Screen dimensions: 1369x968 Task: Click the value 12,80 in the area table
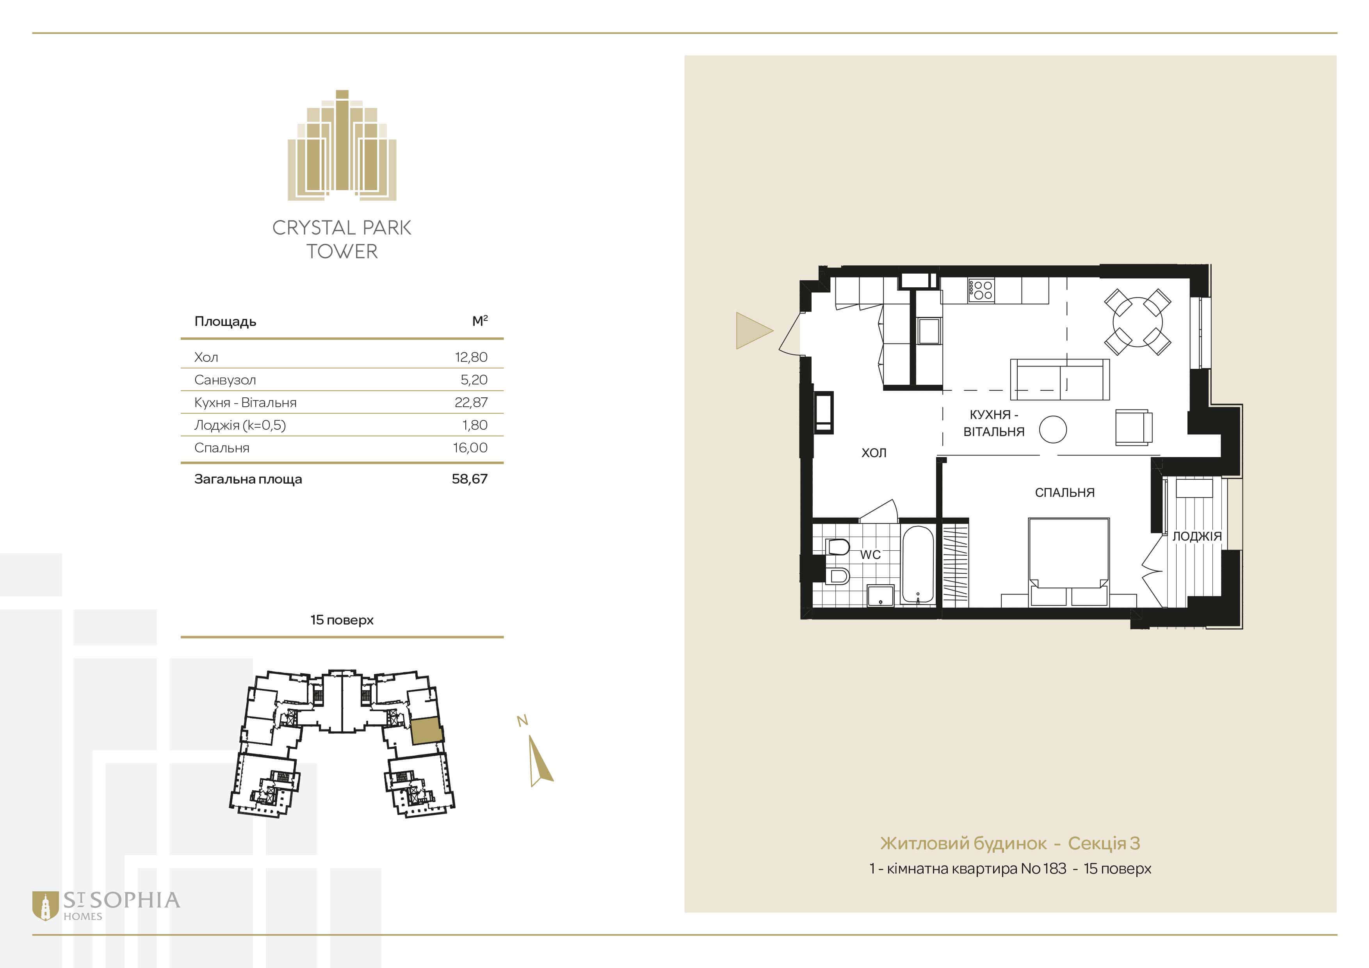(x=471, y=357)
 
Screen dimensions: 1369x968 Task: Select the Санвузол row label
(x=225, y=380)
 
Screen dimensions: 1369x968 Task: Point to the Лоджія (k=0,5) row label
(x=240, y=425)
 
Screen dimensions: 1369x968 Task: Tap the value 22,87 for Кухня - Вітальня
(x=471, y=402)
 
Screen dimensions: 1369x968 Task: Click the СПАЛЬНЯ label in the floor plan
(x=1064, y=492)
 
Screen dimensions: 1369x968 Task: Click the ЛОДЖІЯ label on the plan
(x=1197, y=536)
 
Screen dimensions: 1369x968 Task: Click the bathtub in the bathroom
(x=918, y=564)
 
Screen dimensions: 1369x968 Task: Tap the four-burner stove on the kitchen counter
(x=980, y=290)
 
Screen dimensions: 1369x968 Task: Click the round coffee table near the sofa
(x=1052, y=429)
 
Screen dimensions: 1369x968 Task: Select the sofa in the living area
(x=1059, y=379)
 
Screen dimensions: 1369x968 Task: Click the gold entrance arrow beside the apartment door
(x=753, y=330)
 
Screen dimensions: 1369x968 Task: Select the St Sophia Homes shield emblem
(x=45, y=906)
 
